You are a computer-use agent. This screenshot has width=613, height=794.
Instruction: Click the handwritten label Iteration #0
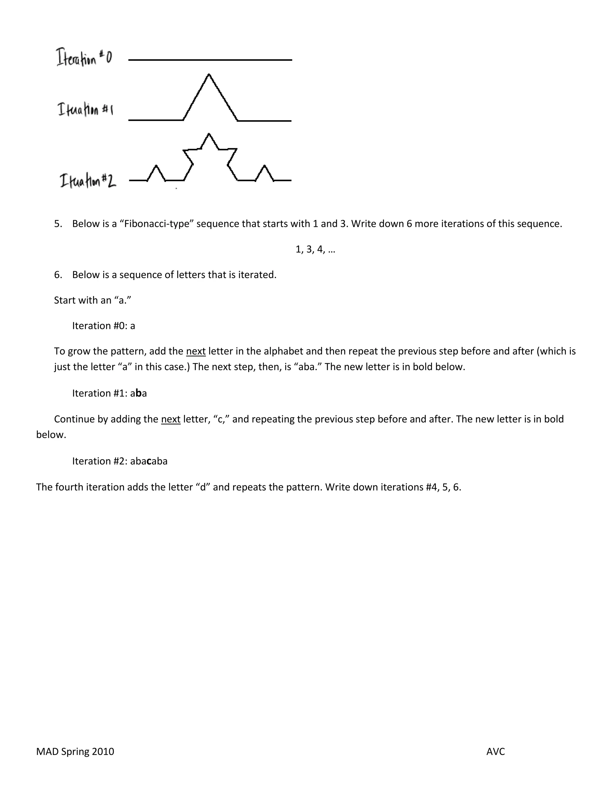tap(84, 58)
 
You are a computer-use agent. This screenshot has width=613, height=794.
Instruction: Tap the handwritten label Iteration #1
tap(85, 109)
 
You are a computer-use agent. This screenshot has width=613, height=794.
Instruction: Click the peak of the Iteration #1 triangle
tap(209, 75)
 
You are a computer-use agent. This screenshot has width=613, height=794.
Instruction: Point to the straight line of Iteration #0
tap(210, 60)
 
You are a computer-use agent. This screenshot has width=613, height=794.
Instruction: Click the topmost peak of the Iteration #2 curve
tap(209, 134)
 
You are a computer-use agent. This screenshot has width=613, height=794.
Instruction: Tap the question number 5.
tap(58, 224)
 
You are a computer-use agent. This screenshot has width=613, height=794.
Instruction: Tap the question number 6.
tap(58, 275)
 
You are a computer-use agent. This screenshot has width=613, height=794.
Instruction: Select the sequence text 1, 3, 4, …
tap(315, 249)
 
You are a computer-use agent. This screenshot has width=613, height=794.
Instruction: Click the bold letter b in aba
tap(138, 393)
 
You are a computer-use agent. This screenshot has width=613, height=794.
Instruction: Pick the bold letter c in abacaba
tap(148, 461)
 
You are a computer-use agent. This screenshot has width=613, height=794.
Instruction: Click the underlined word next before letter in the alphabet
tap(196, 351)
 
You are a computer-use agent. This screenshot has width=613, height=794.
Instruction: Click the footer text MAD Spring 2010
tap(75, 751)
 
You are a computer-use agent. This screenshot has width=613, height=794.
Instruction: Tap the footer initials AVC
tap(495, 751)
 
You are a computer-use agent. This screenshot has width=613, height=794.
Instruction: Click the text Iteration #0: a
tap(104, 326)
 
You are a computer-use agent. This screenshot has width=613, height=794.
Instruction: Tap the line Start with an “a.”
tap(92, 300)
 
